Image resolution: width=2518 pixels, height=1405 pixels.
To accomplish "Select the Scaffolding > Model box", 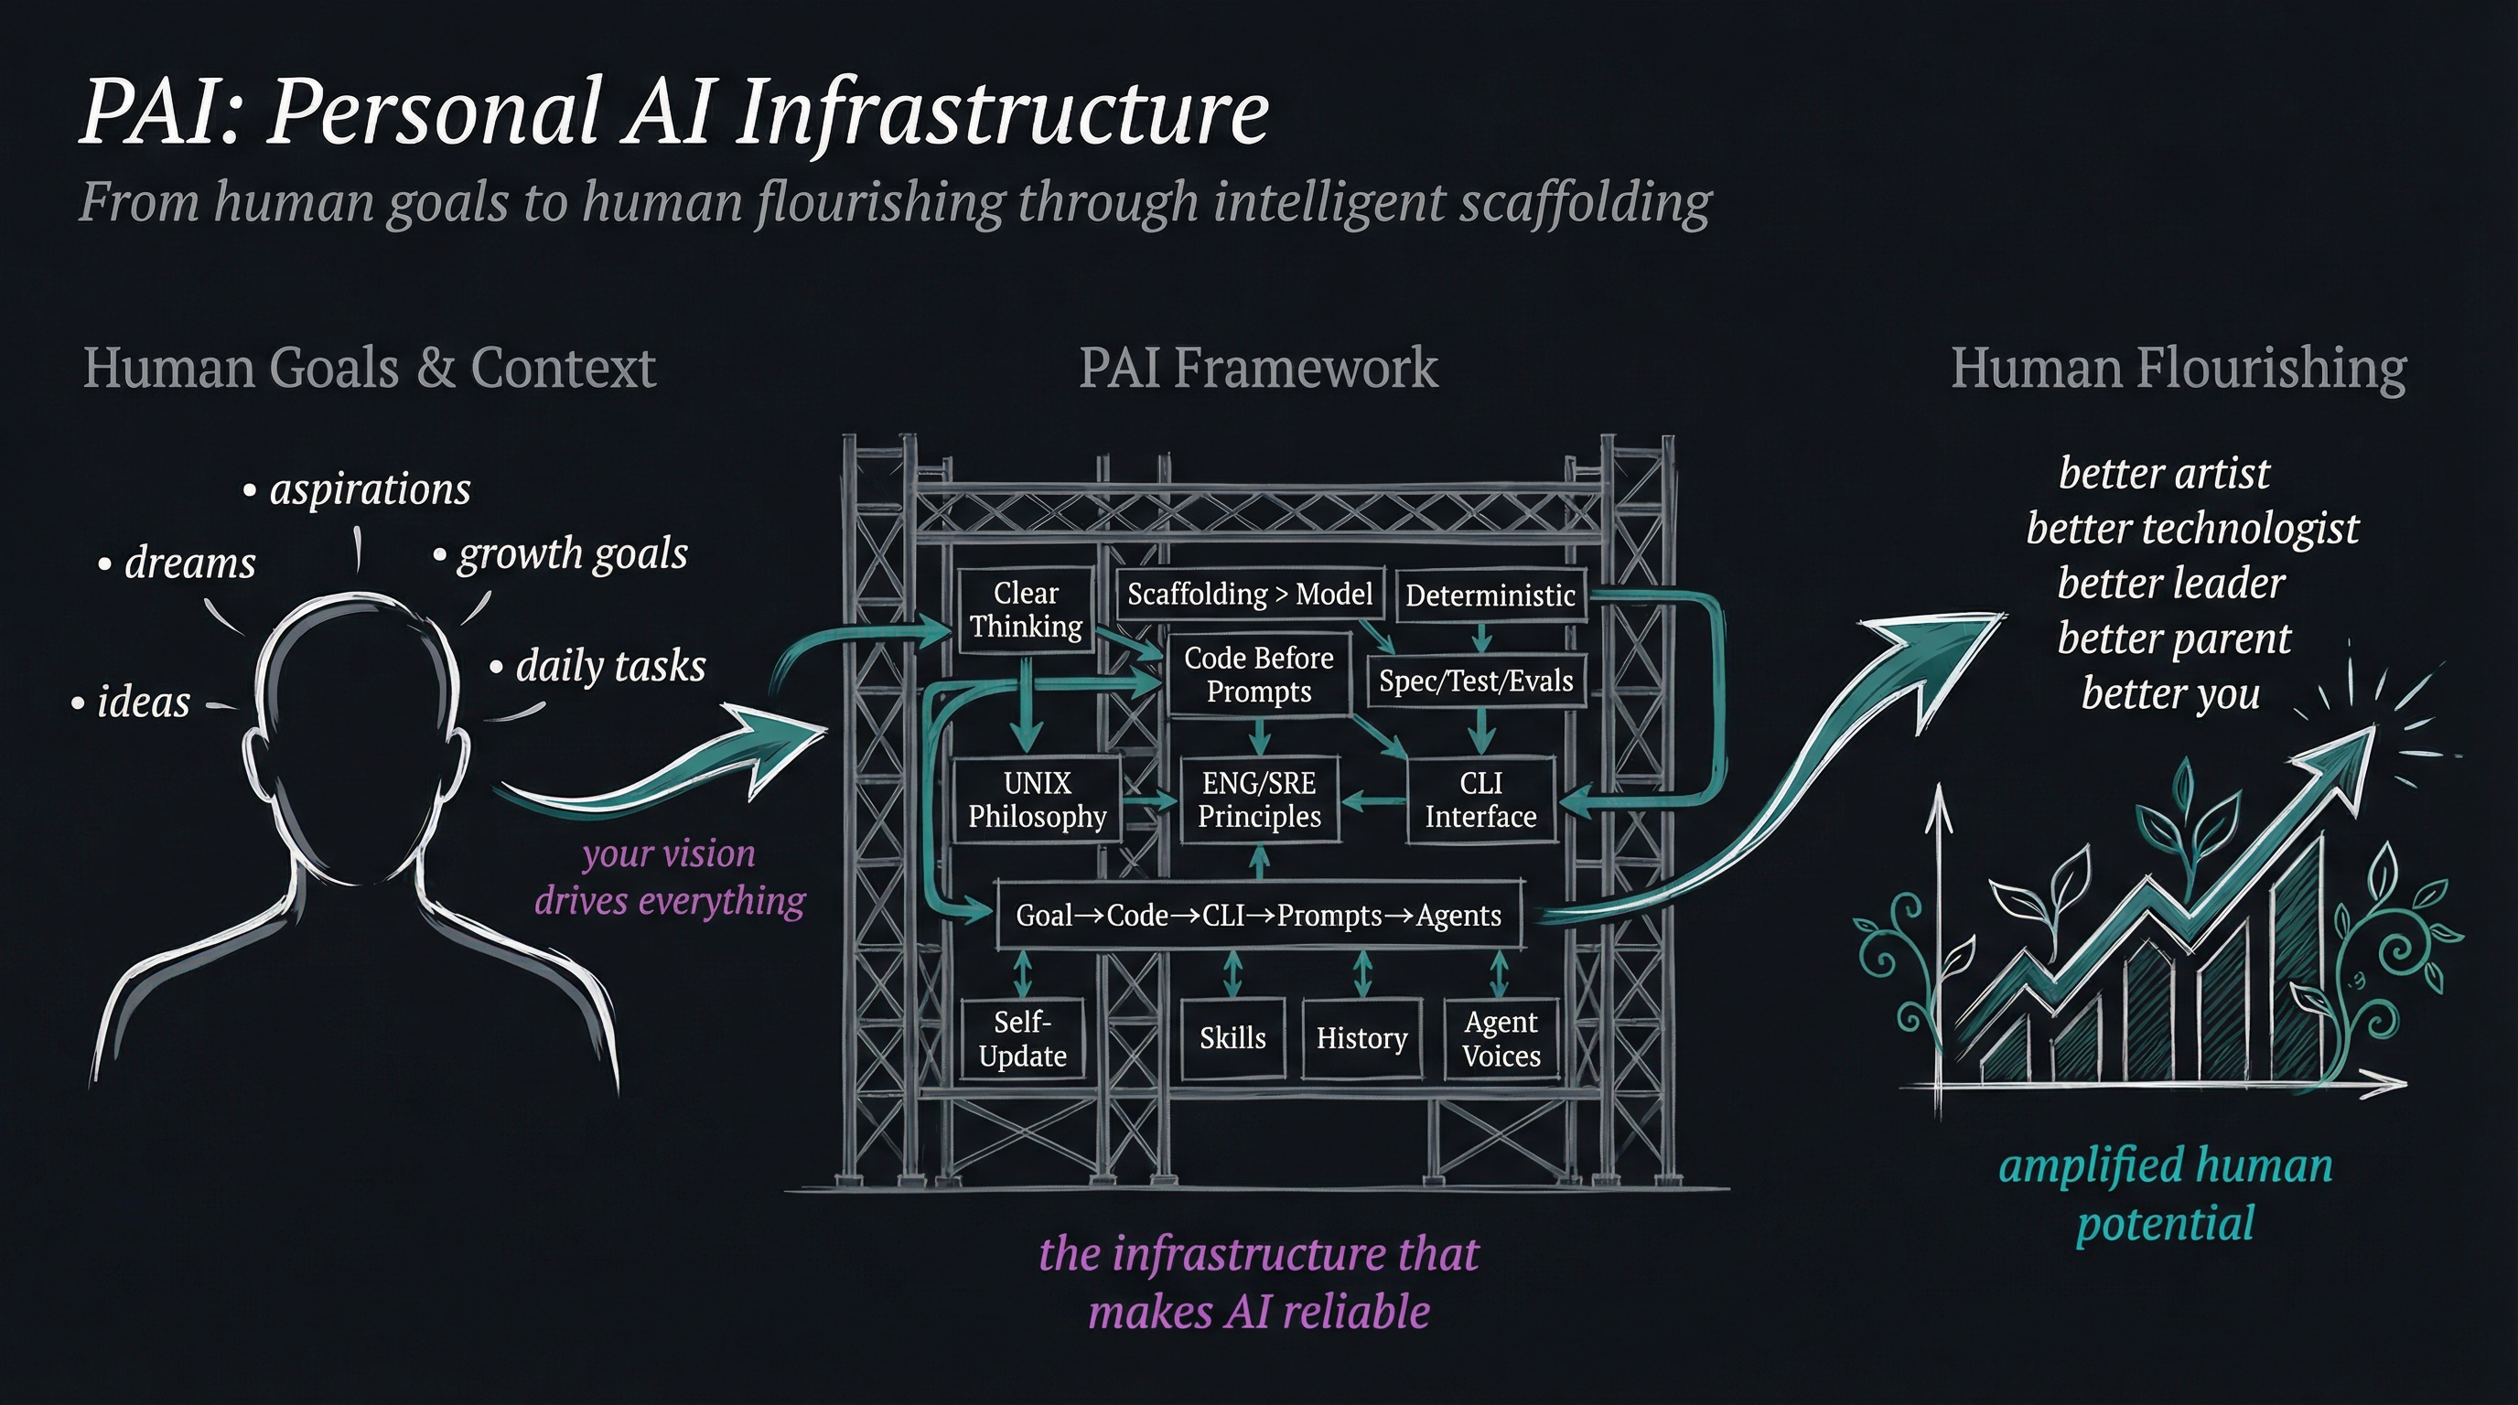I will pyautogui.click(x=1249, y=594).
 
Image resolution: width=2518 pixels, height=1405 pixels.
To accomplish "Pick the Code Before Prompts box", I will pyautogui.click(x=1258, y=674).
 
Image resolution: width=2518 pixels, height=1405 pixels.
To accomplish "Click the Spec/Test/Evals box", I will pyautogui.click(x=1476, y=681).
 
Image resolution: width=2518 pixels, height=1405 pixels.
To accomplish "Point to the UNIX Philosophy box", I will pyautogui.click(x=1037, y=799).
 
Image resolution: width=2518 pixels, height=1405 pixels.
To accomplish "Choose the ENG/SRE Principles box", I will pyautogui.click(x=1259, y=799).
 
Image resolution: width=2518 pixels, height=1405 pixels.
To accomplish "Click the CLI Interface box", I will pyautogui.click(x=1480, y=799).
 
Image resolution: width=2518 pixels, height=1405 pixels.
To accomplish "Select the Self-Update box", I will pyautogui.click(x=1022, y=1038).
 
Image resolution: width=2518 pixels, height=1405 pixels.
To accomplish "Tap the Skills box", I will pyautogui.click(x=1232, y=1038).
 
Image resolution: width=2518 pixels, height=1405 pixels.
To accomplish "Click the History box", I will pyautogui.click(x=1361, y=1038).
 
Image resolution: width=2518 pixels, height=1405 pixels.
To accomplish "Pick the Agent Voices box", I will pyautogui.click(x=1501, y=1038).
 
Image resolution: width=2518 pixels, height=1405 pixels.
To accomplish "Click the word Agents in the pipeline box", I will pyautogui.click(x=1458, y=916).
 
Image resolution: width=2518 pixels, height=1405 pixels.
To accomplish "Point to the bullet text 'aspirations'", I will pyautogui.click(x=370, y=488).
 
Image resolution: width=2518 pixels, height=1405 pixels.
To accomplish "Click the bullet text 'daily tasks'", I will pyautogui.click(x=610, y=666).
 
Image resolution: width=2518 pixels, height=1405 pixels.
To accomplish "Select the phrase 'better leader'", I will pyautogui.click(x=2170, y=584).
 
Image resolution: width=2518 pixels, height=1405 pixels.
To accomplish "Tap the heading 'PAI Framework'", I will pyautogui.click(x=1258, y=369).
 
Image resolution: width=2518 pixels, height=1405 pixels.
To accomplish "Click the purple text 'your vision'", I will pyautogui.click(x=669, y=854).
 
